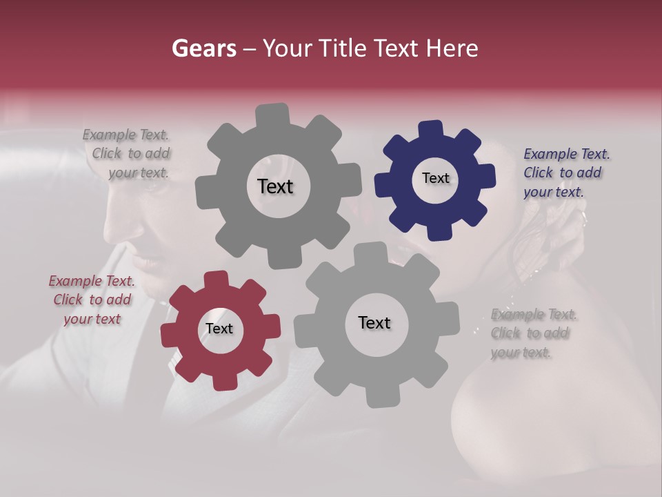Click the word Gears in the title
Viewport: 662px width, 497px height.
click(x=203, y=48)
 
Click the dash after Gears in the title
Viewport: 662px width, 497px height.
click(x=249, y=48)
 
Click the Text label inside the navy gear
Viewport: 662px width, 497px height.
click(x=435, y=178)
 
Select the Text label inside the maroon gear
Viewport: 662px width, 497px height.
click(x=219, y=329)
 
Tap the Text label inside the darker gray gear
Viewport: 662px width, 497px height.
click(x=275, y=186)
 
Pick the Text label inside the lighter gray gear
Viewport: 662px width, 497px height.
click(x=374, y=322)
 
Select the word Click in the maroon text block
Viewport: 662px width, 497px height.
click(x=68, y=300)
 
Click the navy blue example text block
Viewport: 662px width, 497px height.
click(x=567, y=173)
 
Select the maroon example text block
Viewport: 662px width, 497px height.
click(x=92, y=300)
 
